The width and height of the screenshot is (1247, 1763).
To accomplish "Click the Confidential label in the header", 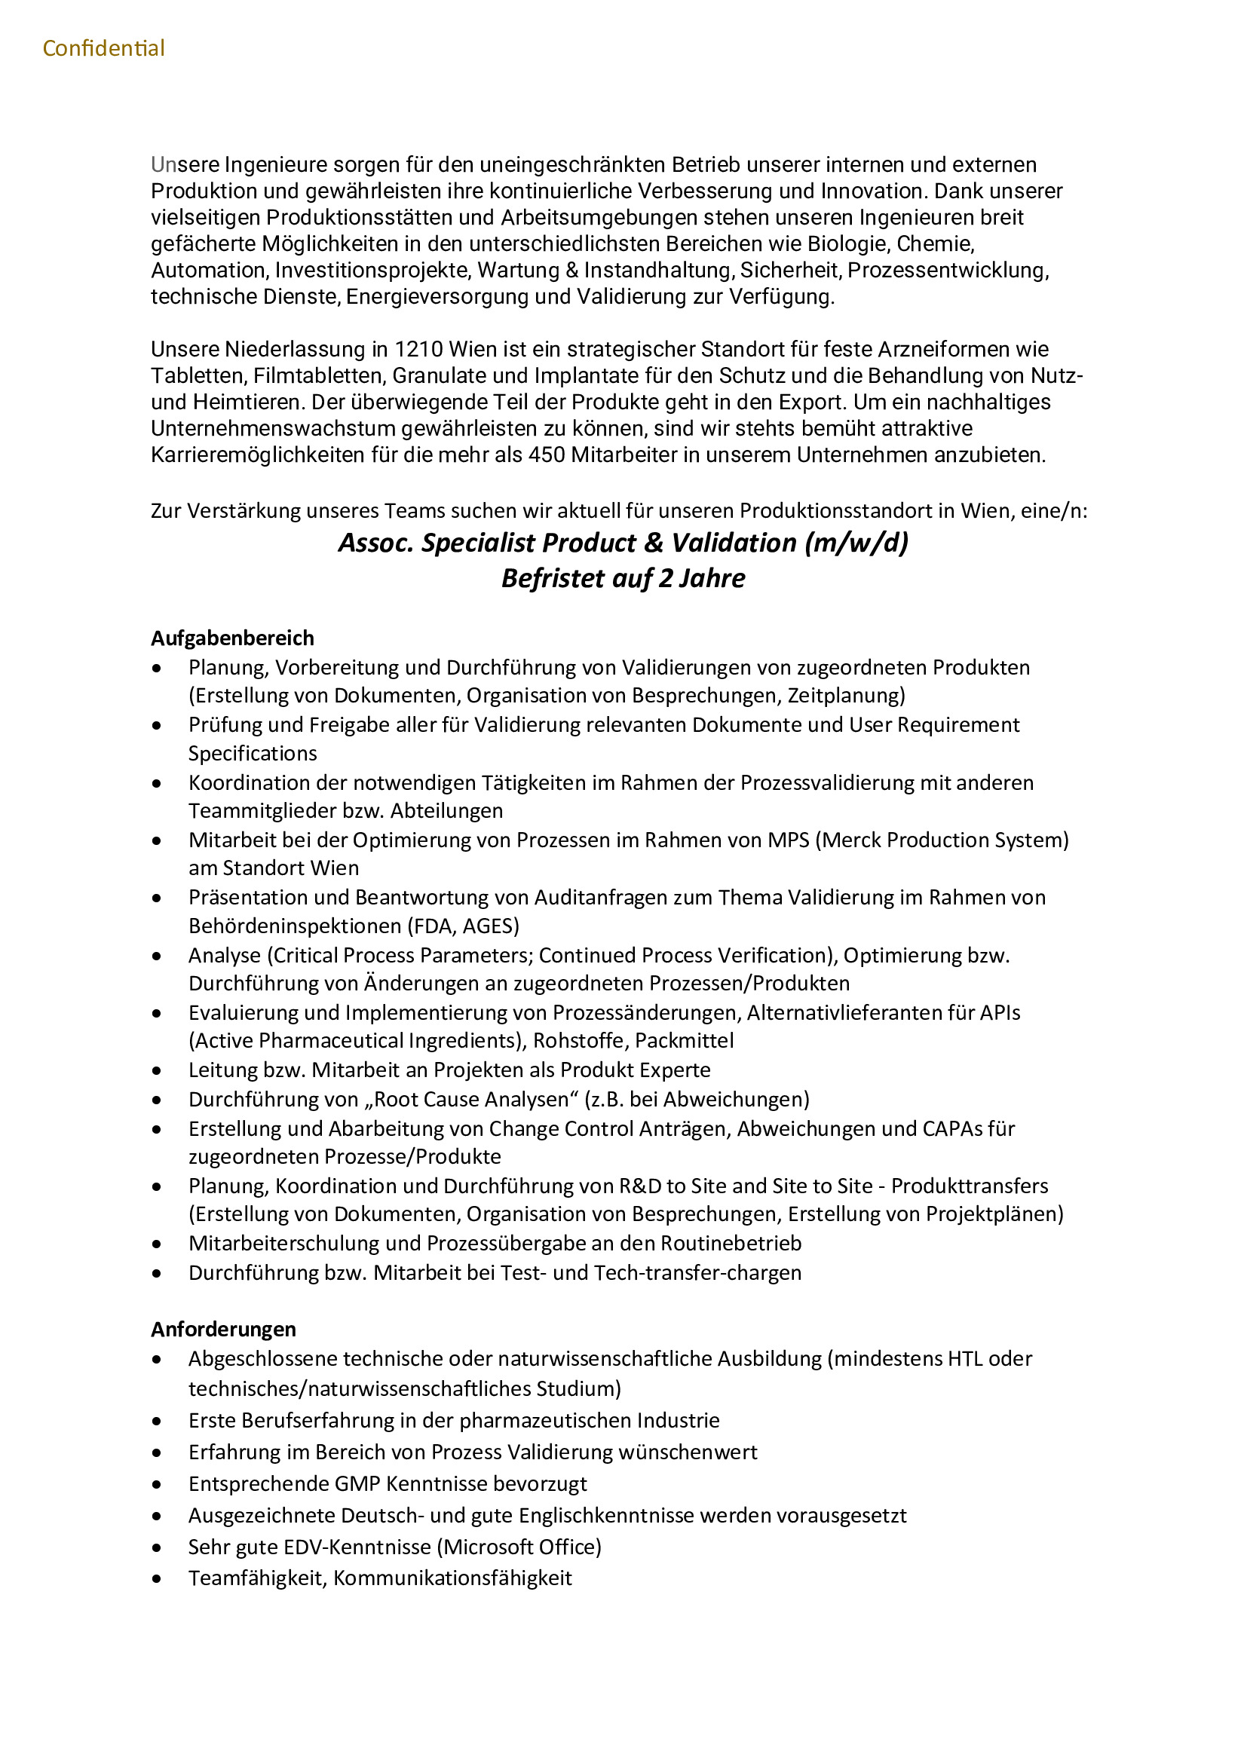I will pyautogui.click(x=103, y=48).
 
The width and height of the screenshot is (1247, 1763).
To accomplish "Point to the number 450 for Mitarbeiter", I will pyautogui.click(x=547, y=455).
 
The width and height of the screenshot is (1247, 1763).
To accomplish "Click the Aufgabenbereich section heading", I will pyautogui.click(x=232, y=638).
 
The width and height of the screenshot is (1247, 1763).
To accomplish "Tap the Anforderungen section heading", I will pyautogui.click(x=223, y=1329).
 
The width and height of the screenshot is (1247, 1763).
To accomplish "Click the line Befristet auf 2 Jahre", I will pyautogui.click(x=623, y=578).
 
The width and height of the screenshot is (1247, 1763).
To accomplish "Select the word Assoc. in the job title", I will pyautogui.click(x=376, y=543).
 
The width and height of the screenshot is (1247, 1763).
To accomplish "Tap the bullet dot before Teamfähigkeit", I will pyautogui.click(x=158, y=1580).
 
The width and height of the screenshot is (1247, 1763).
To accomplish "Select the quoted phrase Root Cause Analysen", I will pyautogui.click(x=470, y=1100).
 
